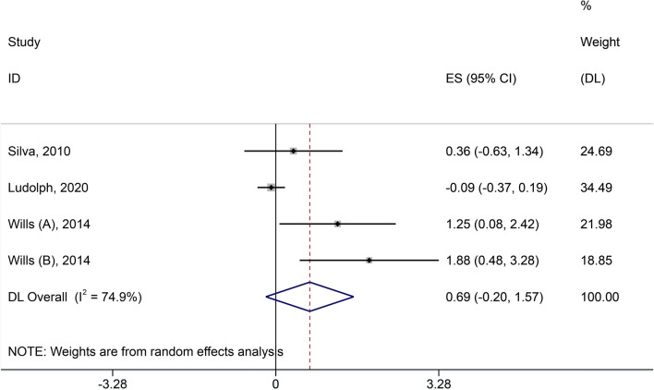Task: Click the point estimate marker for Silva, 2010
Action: coord(293,151)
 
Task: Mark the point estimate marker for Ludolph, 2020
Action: coord(271,187)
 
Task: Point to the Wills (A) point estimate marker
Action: coord(338,224)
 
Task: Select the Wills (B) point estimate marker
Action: coord(369,260)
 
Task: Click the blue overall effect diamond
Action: coord(309,297)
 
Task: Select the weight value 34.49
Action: coord(591,187)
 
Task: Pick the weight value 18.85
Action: coord(591,260)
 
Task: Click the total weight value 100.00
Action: coord(594,297)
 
